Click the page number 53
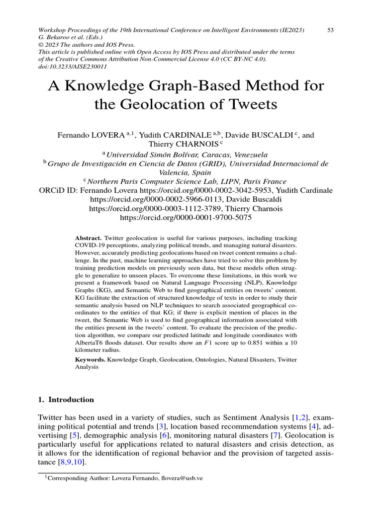coord(330,30)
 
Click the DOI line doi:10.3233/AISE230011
coord(71,66)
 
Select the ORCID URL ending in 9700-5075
coord(186,217)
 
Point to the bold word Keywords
coord(90,359)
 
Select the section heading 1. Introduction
coord(66,400)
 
